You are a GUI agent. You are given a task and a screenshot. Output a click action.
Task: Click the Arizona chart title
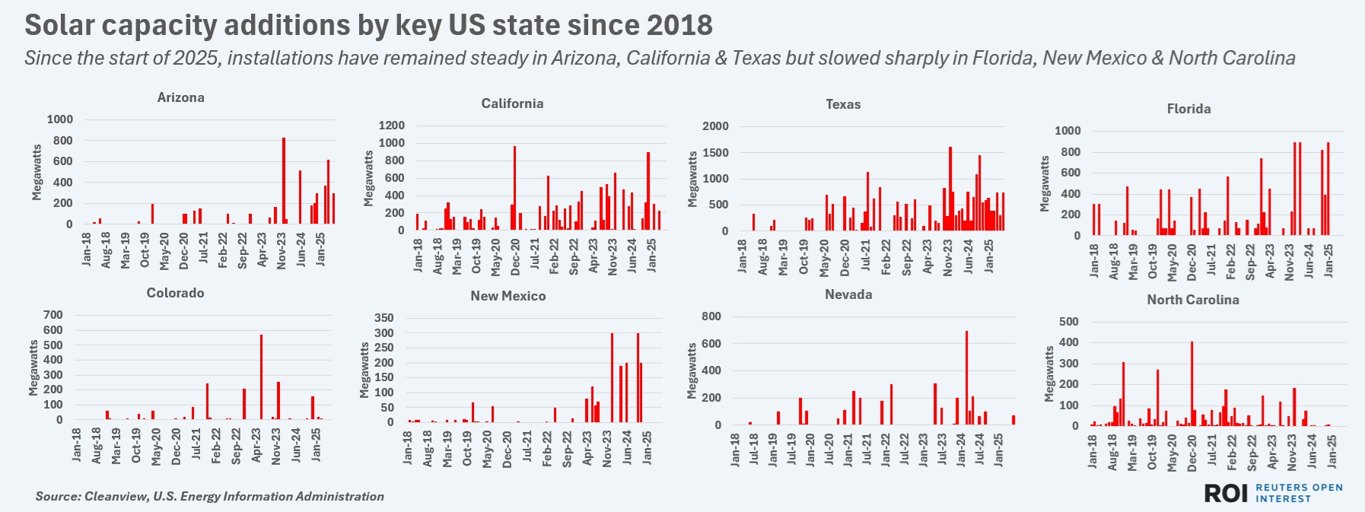click(x=180, y=97)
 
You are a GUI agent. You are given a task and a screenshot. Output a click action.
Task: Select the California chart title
click(x=512, y=103)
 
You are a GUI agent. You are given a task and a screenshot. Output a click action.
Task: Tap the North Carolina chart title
click(x=1192, y=300)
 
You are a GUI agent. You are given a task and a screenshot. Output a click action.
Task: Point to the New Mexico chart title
click(x=508, y=296)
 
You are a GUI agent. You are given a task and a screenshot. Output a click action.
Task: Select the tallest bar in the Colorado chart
click(x=261, y=377)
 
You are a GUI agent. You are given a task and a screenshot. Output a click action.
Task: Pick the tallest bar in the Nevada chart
click(x=966, y=378)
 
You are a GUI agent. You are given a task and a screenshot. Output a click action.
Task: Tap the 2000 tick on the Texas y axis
click(x=715, y=126)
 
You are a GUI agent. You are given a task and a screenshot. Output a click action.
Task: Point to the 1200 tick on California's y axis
click(x=392, y=126)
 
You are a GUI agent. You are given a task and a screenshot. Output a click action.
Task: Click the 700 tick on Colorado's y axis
click(x=53, y=315)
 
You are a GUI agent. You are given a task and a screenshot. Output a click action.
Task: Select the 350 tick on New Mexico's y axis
click(x=384, y=318)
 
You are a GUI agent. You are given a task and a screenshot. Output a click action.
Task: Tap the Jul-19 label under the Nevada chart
click(x=792, y=449)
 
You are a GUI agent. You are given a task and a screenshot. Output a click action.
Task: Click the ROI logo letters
click(x=1226, y=493)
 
